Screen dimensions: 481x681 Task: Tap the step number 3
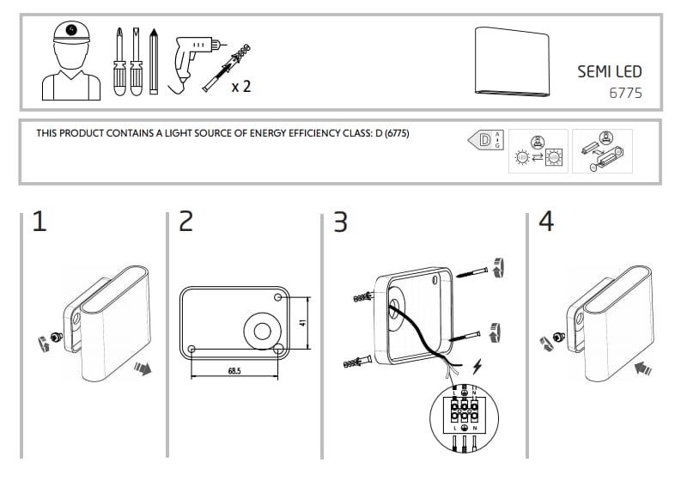(340, 222)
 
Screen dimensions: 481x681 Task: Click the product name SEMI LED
(609, 72)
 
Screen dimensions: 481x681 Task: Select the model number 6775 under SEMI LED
(625, 92)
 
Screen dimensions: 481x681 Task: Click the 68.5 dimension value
(234, 372)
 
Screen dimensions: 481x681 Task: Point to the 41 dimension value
(303, 324)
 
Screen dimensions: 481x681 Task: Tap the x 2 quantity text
(241, 86)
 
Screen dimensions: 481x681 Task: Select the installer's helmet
(70, 33)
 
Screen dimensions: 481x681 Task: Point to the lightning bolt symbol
(477, 368)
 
